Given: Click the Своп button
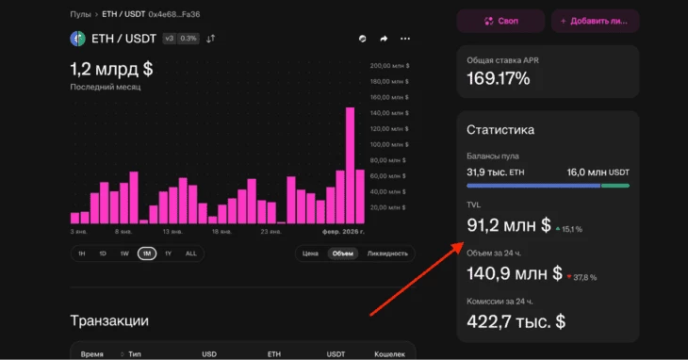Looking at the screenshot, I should click(x=500, y=20).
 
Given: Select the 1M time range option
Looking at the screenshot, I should click(x=147, y=254).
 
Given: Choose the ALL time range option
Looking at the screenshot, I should click(x=190, y=254).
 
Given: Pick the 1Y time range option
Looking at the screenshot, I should click(x=168, y=254).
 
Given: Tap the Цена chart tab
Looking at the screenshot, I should click(x=310, y=254).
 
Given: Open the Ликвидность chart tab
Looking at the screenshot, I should click(x=387, y=254).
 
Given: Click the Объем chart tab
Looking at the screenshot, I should click(x=342, y=254).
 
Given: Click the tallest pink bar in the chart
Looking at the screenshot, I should click(x=350, y=165).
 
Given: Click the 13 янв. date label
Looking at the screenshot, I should click(x=172, y=231).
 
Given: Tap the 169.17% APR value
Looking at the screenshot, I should click(x=499, y=78).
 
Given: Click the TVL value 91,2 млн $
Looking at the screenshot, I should click(x=509, y=225).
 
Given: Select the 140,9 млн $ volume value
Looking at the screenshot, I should click(x=515, y=273).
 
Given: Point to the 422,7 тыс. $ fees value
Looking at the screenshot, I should click(x=516, y=321).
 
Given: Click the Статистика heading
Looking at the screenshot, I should click(x=500, y=130).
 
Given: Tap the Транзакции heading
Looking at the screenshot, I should click(x=109, y=321).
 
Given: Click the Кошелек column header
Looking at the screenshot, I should click(x=389, y=354).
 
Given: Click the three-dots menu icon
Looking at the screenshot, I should click(x=405, y=39).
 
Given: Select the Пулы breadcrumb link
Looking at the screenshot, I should click(x=80, y=15).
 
